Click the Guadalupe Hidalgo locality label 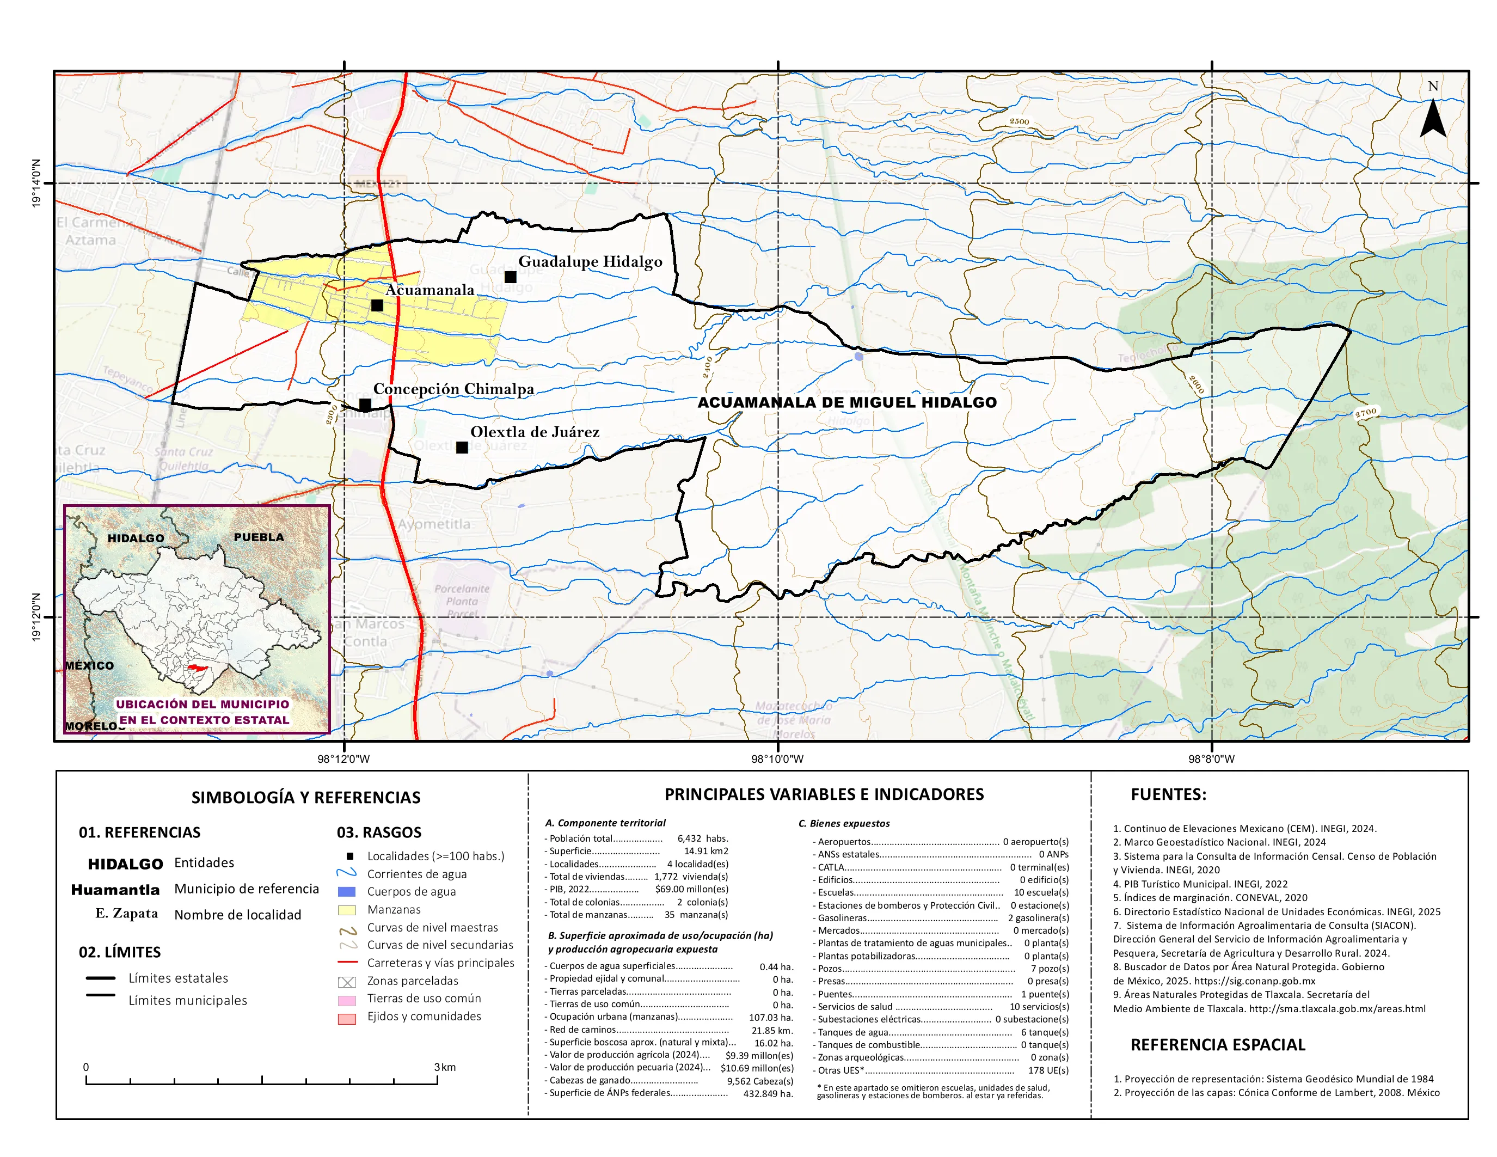tap(590, 262)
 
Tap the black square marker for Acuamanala tap(377, 305)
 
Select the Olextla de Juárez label tap(535, 432)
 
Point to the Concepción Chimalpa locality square tap(365, 405)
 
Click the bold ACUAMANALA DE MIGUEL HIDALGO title tap(847, 402)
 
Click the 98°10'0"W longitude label tap(777, 759)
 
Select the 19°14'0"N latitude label tap(36, 183)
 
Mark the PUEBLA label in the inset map tap(259, 537)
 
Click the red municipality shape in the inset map tap(198, 668)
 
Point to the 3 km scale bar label tap(444, 1067)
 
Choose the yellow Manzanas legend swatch tap(347, 910)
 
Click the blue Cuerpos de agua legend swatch tap(347, 892)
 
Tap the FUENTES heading tap(1168, 794)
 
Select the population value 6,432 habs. tap(703, 838)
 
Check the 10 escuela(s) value tap(1041, 892)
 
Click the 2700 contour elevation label tap(1366, 413)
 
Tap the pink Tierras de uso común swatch tap(347, 1001)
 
